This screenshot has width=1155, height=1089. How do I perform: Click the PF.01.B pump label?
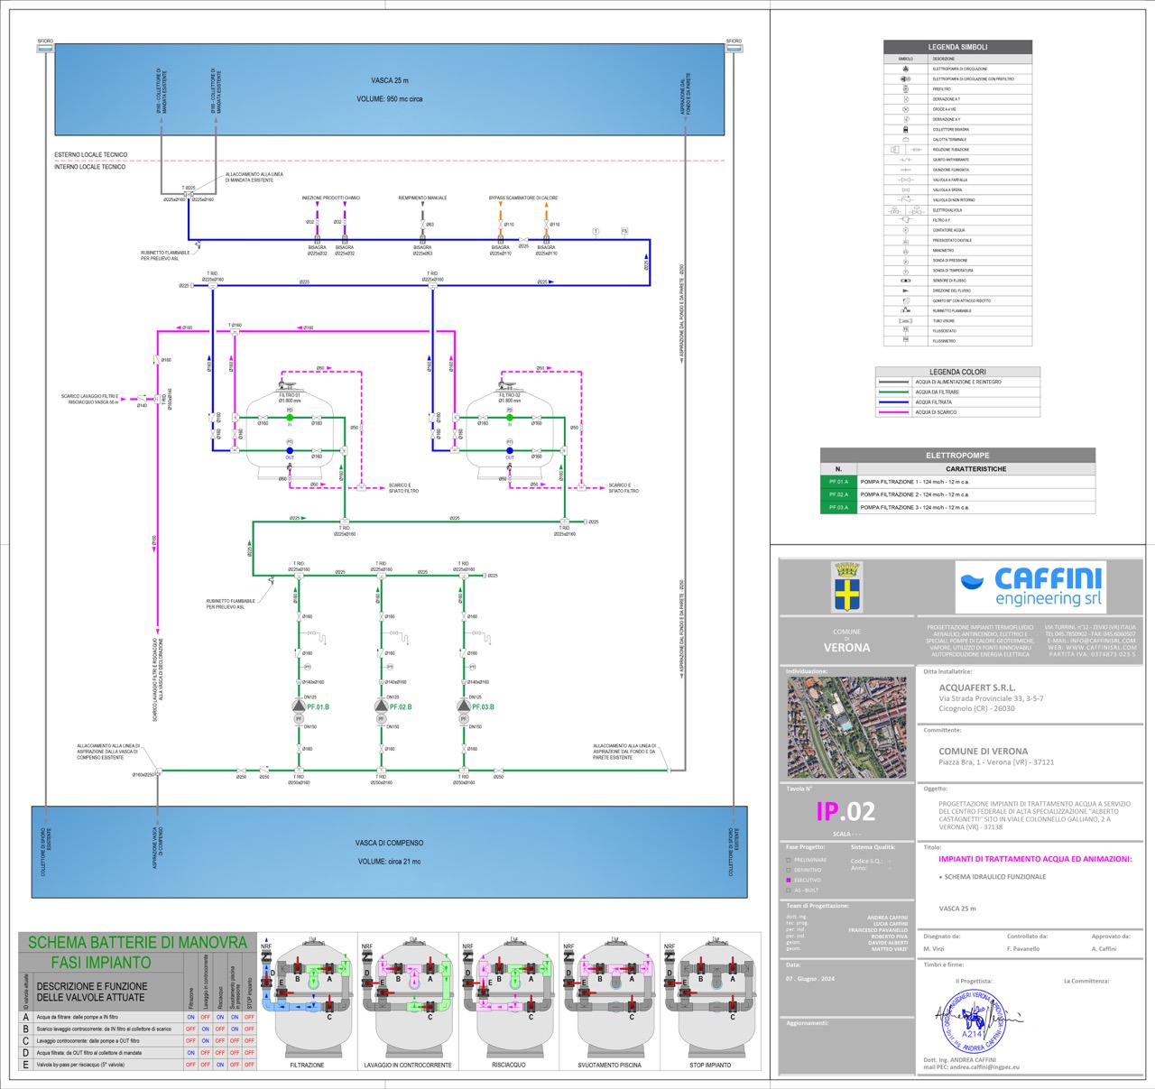[318, 707]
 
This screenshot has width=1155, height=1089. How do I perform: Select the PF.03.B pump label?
[483, 707]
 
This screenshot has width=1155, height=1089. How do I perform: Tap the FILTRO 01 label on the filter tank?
[290, 395]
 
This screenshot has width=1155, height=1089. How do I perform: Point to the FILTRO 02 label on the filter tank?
[510, 395]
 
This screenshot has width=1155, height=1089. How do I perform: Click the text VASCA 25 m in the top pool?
[389, 81]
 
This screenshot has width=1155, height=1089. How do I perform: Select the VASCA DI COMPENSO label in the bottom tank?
[389, 843]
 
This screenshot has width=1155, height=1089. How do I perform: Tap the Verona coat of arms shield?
[846, 588]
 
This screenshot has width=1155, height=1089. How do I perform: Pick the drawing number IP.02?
[845, 811]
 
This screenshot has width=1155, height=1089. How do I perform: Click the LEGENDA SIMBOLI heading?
[957, 47]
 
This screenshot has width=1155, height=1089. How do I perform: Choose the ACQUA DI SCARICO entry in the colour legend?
[936, 412]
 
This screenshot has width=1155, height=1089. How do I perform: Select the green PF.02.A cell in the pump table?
[838, 494]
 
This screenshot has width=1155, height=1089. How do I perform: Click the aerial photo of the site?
[846, 727]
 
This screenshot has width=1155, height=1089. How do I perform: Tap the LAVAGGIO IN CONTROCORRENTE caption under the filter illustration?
[408, 1066]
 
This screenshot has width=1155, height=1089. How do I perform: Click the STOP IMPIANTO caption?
[710, 1066]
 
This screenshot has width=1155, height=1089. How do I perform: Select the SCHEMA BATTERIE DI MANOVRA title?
[137, 943]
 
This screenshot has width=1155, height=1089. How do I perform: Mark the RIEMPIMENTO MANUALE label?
[422, 198]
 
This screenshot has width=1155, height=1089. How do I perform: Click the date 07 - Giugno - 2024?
[810, 978]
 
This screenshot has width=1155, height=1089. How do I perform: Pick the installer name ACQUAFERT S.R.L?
[976, 688]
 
